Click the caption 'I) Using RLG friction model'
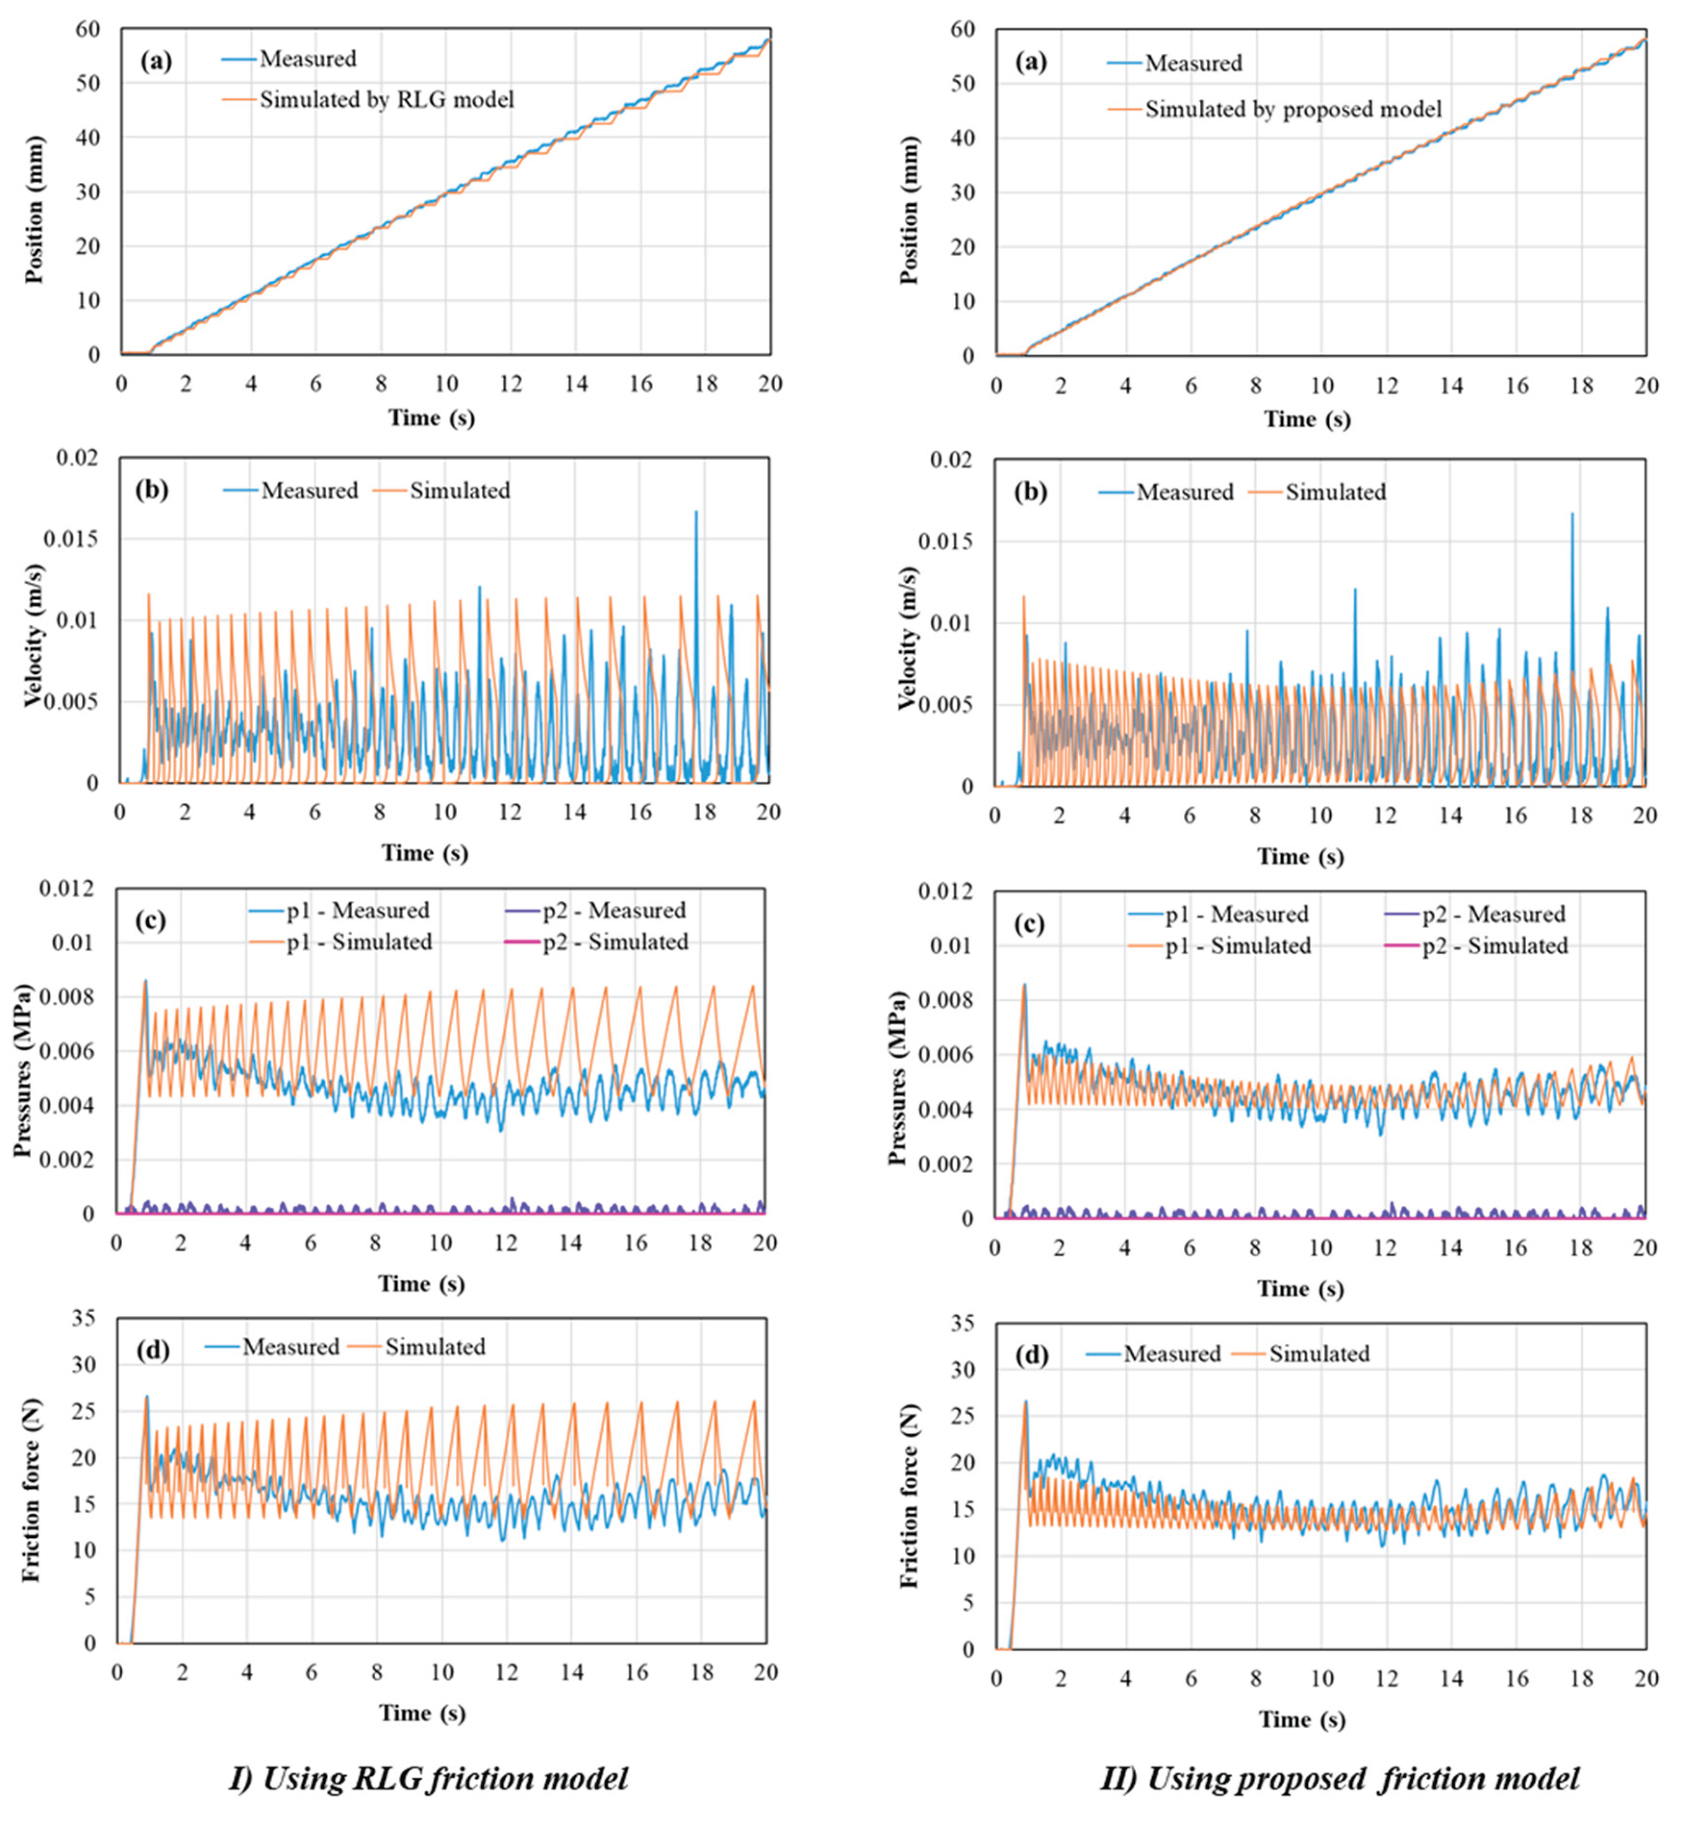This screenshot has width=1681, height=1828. pos(428,1777)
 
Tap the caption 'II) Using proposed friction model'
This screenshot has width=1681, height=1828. pos(1340,1777)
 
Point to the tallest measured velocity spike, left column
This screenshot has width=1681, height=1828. pos(696,512)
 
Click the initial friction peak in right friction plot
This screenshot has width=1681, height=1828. pos(1025,1403)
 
